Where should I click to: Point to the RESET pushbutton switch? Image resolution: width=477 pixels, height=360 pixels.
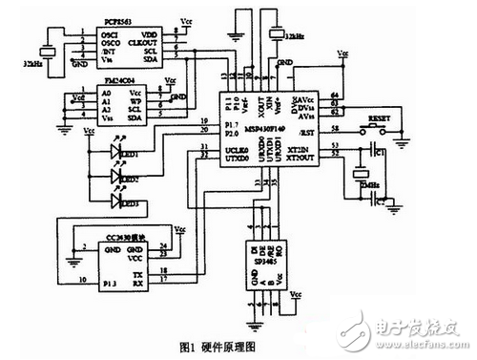pyautogui.click(x=368, y=125)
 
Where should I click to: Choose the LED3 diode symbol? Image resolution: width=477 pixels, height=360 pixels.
pyautogui.click(x=119, y=202)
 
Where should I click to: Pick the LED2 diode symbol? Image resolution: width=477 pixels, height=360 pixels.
pyautogui.click(x=119, y=177)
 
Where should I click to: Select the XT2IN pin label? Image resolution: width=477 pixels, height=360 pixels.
pyautogui.click(x=304, y=151)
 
